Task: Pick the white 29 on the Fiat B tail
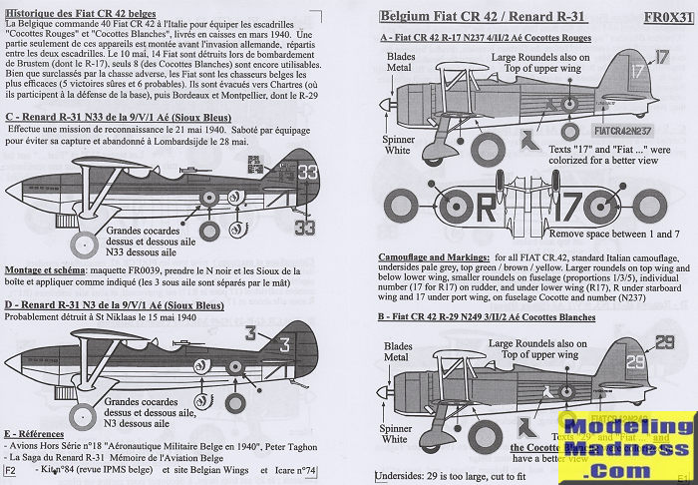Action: point(638,343)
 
